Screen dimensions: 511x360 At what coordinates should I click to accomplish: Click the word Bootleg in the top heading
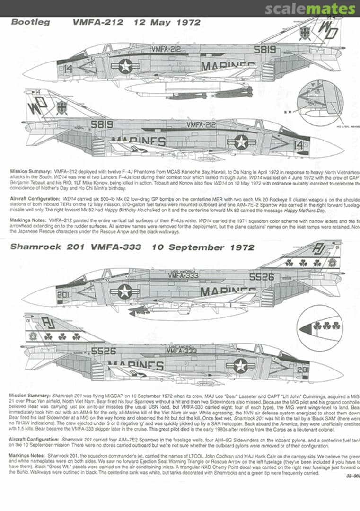[30, 22]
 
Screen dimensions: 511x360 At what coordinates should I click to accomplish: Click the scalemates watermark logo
[310, 9]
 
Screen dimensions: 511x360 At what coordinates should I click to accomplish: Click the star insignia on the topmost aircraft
[125, 66]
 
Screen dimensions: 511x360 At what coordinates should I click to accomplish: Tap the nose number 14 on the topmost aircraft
[68, 68]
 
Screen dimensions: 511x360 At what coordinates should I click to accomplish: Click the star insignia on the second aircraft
[241, 142]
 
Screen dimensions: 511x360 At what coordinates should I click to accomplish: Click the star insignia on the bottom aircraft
[241, 365]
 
